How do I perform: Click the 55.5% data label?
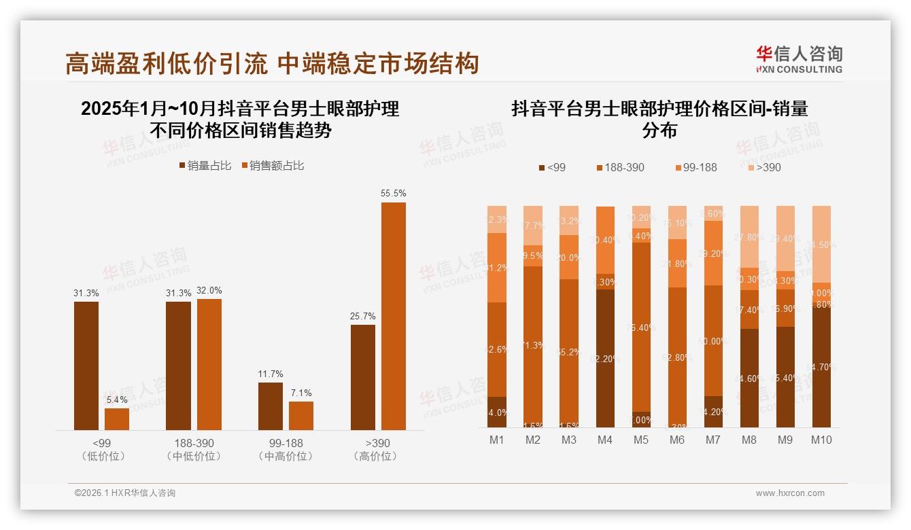(x=393, y=194)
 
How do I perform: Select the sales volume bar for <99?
(x=86, y=366)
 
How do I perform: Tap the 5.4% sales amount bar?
(x=117, y=419)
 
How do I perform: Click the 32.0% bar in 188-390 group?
(x=209, y=364)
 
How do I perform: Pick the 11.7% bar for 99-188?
(x=271, y=406)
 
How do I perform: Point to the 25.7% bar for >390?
(x=363, y=377)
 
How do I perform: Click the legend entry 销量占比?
(x=205, y=166)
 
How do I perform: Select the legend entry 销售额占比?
(x=272, y=166)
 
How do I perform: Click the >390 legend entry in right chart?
(x=763, y=167)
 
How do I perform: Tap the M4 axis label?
(x=605, y=440)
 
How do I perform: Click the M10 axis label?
(x=821, y=440)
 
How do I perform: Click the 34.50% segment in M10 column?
(x=821, y=244)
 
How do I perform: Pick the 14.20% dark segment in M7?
(x=713, y=412)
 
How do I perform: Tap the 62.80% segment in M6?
(x=677, y=357)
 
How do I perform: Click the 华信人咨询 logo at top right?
(x=799, y=59)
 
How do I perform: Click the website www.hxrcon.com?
(x=790, y=493)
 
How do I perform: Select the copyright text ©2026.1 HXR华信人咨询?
(x=125, y=493)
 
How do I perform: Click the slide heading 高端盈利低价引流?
(x=168, y=64)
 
